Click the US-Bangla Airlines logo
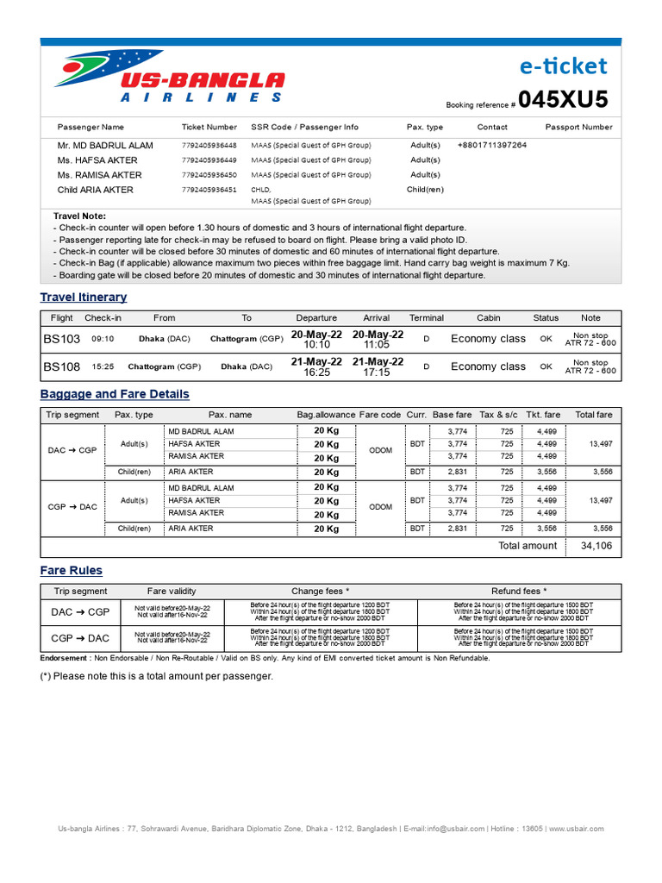point(169,78)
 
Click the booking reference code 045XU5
point(563,100)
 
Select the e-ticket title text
point(564,66)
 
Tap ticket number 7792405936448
point(209,146)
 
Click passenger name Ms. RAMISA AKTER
point(99,175)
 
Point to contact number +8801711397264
point(491,146)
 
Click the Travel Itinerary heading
point(84,297)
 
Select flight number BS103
point(62,339)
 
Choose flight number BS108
point(62,366)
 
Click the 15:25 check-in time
point(103,366)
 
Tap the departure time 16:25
point(316,373)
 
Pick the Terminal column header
point(426,318)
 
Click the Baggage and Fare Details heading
point(115,394)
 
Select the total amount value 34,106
point(596,546)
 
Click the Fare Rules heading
point(72,571)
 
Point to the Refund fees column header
point(519,592)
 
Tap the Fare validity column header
point(172,592)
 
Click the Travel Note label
point(79,216)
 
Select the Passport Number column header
point(578,127)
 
